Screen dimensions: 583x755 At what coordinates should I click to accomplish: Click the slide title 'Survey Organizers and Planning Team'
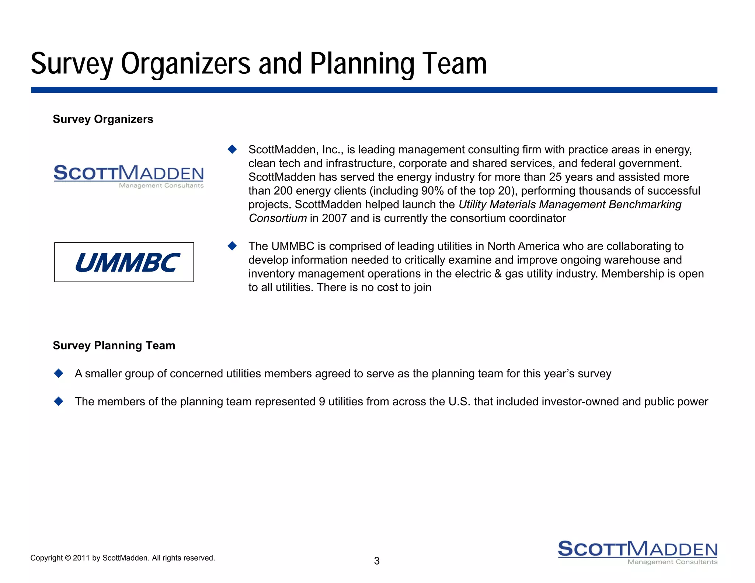click(x=259, y=63)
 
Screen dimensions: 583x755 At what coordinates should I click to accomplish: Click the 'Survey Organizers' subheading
click(x=103, y=119)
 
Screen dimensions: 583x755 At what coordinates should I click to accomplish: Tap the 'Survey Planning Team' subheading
click(x=114, y=345)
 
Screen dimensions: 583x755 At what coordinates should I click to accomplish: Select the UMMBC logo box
click(x=124, y=262)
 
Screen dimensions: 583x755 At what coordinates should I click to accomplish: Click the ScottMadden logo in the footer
click(x=637, y=552)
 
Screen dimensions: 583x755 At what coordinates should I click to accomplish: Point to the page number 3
click(x=377, y=561)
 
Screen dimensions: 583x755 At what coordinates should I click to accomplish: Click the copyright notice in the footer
click(x=122, y=558)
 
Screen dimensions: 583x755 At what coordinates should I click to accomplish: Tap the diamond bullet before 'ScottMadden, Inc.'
click(x=232, y=149)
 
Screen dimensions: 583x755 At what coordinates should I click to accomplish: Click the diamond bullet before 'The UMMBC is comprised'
click(x=232, y=246)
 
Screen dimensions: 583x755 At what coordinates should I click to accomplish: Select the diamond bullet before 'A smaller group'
click(x=59, y=373)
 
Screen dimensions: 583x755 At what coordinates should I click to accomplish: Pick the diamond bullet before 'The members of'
click(x=59, y=401)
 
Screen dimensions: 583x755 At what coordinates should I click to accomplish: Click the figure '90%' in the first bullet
click(x=432, y=191)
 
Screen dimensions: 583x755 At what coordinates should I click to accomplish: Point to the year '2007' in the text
click(x=334, y=218)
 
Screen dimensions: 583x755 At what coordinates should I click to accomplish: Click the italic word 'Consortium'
click(x=278, y=218)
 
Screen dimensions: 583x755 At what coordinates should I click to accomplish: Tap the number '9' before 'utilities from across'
click(x=322, y=401)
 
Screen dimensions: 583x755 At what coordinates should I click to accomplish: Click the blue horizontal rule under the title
click(x=374, y=90)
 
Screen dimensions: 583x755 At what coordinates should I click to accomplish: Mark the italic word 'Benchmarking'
click(x=645, y=205)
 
